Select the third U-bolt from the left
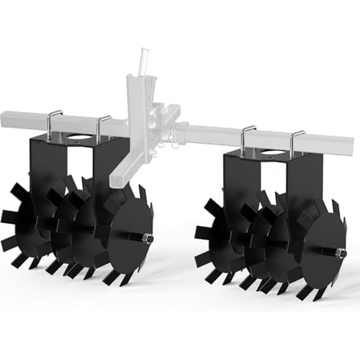[248, 137]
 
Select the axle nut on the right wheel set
[342, 253]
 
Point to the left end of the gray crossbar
[5, 117]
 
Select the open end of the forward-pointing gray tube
[116, 180]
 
